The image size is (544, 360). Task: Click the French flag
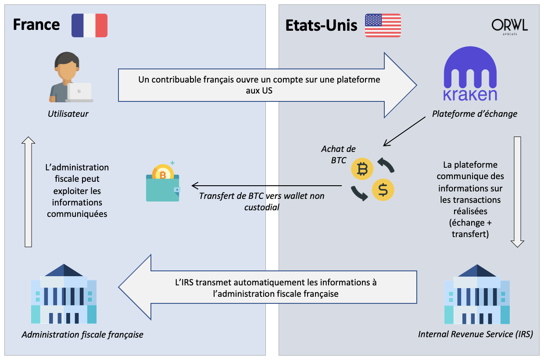89,25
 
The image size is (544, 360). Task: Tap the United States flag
383,25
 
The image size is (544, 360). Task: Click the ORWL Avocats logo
509,26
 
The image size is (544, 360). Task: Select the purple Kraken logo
470,74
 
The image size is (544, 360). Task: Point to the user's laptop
79,93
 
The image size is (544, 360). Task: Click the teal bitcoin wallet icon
163,183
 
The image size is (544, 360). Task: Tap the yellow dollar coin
383,190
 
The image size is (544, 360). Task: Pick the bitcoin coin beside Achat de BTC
362,169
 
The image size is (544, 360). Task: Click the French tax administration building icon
64,294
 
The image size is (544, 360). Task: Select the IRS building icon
477,294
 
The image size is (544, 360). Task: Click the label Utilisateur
68,114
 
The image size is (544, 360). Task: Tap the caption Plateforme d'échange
475,114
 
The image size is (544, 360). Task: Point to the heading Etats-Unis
321,25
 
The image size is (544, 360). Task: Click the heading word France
36,25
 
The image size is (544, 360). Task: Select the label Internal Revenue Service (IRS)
476,334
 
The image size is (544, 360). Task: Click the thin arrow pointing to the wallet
267,186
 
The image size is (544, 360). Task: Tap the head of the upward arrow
29,140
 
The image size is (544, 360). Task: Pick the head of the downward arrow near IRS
517,244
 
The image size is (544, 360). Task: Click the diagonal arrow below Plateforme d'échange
404,131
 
